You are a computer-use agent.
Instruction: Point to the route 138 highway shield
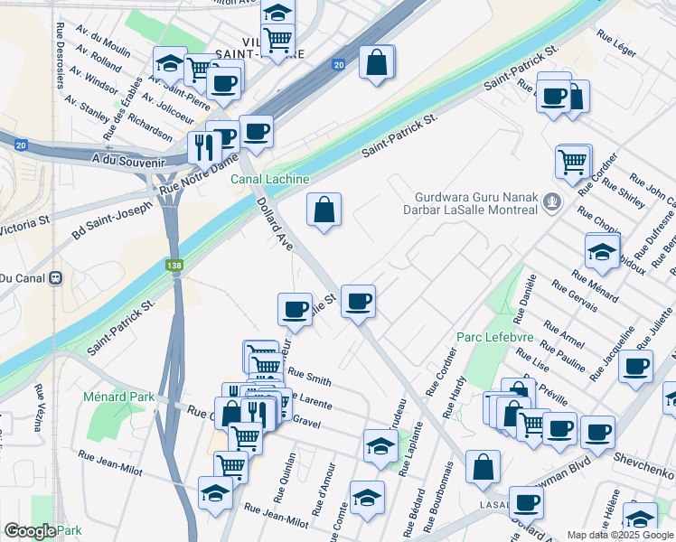174,266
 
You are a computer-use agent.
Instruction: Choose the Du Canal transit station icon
54,277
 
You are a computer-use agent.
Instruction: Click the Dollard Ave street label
275,225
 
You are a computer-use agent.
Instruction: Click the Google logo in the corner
30,531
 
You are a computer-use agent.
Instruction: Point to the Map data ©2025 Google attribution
619,535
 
